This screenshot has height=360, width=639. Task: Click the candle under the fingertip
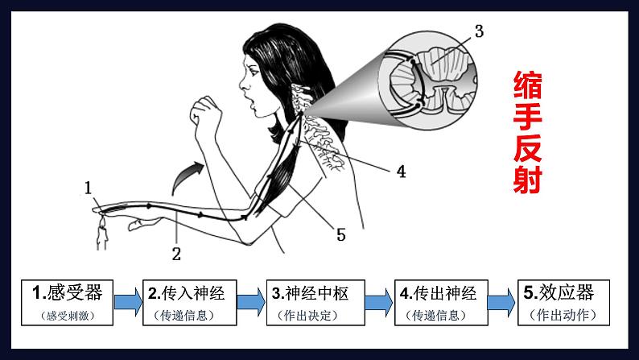(102, 234)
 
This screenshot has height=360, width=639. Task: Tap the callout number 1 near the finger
(88, 188)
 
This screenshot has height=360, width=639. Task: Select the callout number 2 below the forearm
(176, 254)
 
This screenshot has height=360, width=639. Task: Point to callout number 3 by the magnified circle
(480, 31)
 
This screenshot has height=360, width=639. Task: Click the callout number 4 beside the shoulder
(402, 172)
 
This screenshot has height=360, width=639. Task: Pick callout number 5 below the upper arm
(341, 235)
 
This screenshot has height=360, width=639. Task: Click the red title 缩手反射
(527, 132)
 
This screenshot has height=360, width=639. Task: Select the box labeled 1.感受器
(68, 303)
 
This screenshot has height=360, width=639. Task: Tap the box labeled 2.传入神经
(189, 303)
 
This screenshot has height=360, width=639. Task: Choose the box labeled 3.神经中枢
(315, 303)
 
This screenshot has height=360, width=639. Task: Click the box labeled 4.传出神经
(441, 303)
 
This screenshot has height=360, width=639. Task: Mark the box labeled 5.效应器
(563, 303)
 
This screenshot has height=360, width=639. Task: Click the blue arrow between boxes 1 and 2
(128, 302)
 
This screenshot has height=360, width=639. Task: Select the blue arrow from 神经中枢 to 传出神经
(379, 302)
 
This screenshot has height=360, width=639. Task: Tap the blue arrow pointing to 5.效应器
(501, 302)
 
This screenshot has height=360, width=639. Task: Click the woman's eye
(253, 72)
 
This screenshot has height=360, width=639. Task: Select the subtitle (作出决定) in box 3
(307, 315)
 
